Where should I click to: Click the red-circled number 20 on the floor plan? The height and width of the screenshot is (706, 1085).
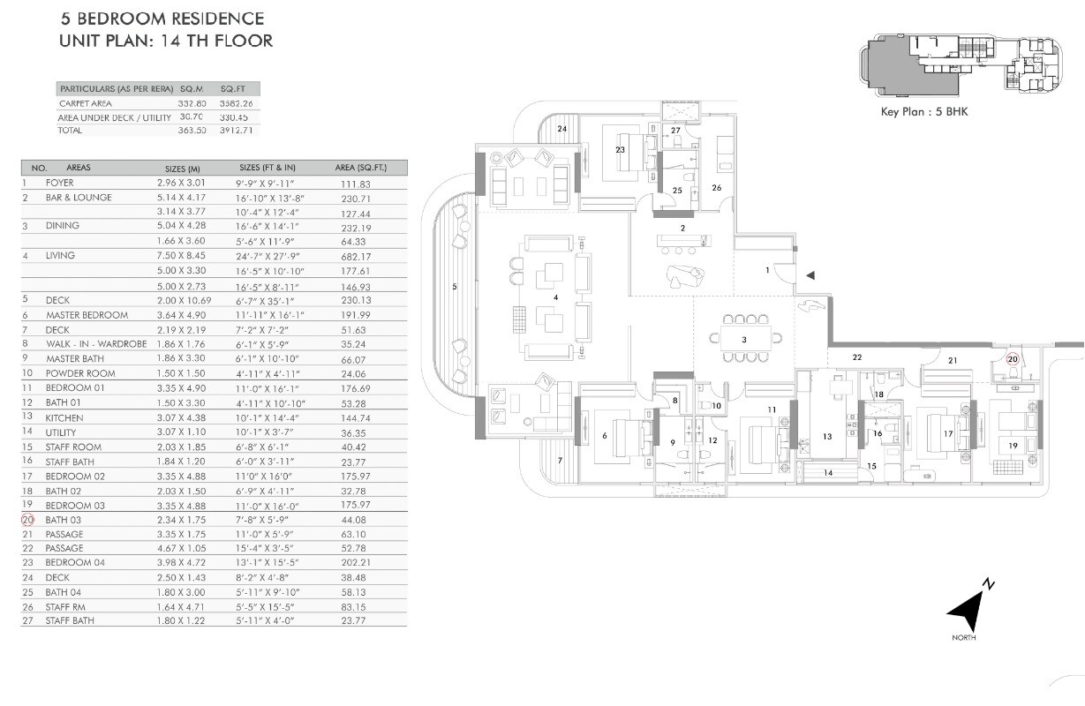pos(1013,359)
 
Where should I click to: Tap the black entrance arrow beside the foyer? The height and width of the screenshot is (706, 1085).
pos(810,276)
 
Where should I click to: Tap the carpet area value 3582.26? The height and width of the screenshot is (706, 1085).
pos(237,103)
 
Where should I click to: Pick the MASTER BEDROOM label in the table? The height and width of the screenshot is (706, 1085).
pos(87,315)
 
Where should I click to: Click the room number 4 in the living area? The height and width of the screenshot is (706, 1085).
pos(555,298)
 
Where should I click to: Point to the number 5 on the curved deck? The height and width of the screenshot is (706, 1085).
pos(455,286)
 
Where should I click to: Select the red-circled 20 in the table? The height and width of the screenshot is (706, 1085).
pos(27,520)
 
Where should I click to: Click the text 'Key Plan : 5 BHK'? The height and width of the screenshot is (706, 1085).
pos(923,112)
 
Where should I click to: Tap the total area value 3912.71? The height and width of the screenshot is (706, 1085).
pos(237,131)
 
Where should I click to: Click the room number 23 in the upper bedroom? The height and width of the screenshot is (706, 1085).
pos(620,149)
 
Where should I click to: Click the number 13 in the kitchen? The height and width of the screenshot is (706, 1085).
pos(827,436)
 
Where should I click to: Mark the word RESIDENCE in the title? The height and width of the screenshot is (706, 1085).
pos(207,18)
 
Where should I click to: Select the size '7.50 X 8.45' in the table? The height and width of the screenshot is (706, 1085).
pos(180,256)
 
